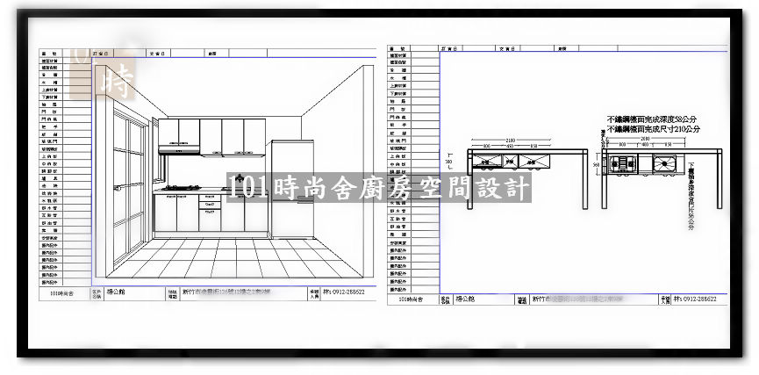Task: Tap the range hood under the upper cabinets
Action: [x=178, y=150]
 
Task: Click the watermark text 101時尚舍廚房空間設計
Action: [x=378, y=187]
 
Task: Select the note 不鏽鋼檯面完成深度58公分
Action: [x=655, y=119]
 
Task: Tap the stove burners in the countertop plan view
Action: [x=624, y=162]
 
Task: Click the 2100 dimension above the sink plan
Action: [x=645, y=139]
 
